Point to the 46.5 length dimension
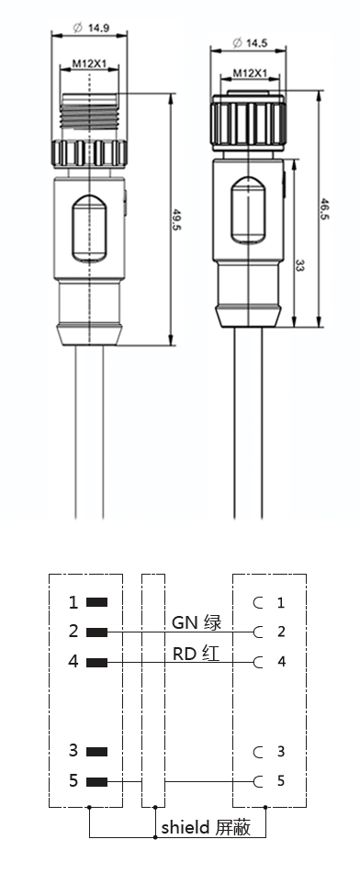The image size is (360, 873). click(x=324, y=208)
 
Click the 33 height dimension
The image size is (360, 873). click(x=299, y=266)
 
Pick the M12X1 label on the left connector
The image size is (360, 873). click(x=89, y=64)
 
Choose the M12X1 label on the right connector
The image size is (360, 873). click(x=250, y=73)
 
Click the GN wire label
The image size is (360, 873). click(x=186, y=621)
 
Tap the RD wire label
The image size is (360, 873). click(x=186, y=653)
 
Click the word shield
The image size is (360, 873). click(x=186, y=827)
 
